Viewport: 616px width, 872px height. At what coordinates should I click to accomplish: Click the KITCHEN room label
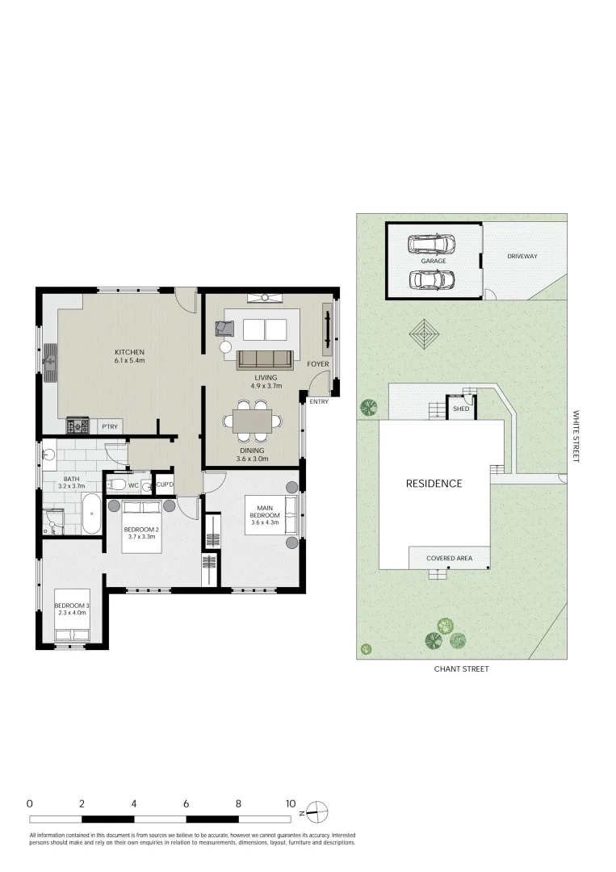pyautogui.click(x=129, y=352)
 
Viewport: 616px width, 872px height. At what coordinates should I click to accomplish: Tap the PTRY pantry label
pyautogui.click(x=109, y=426)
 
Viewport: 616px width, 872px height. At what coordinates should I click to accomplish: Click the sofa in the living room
pyautogui.click(x=265, y=359)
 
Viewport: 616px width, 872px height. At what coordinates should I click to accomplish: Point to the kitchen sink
pyautogui.click(x=51, y=362)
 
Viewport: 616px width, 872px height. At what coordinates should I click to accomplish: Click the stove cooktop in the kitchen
pyautogui.click(x=77, y=426)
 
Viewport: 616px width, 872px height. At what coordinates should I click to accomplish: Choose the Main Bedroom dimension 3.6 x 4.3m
pyautogui.click(x=264, y=523)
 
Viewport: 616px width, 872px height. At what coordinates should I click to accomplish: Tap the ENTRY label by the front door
pyautogui.click(x=319, y=401)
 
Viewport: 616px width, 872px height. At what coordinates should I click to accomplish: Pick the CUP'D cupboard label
pyautogui.click(x=166, y=485)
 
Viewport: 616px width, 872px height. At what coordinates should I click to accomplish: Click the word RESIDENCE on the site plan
pyautogui.click(x=434, y=484)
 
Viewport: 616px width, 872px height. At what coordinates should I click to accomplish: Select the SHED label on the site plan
pyautogui.click(x=461, y=409)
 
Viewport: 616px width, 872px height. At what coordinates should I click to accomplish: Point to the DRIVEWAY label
pyautogui.click(x=522, y=256)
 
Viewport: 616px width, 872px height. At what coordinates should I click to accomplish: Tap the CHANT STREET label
pyautogui.click(x=461, y=669)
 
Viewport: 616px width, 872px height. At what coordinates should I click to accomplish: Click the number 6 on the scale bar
pyautogui.click(x=186, y=804)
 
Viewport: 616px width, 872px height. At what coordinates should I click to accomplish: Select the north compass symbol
pyautogui.click(x=318, y=811)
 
